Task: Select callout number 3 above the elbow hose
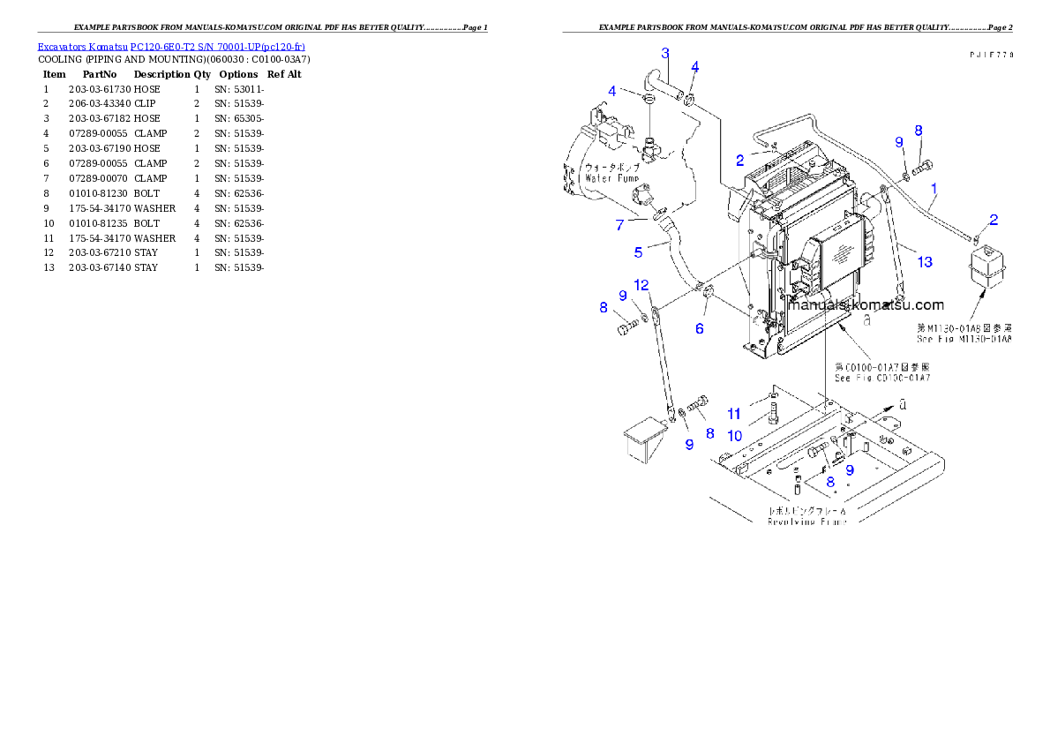point(665,53)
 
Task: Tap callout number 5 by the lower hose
point(639,252)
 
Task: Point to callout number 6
point(700,328)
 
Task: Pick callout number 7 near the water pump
point(619,225)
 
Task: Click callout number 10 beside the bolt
point(735,435)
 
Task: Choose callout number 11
point(734,414)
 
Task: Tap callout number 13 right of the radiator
point(924,261)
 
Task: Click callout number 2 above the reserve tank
point(994,219)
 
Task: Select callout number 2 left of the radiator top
point(741,160)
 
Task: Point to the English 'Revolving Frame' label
point(807,522)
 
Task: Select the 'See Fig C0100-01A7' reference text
point(882,378)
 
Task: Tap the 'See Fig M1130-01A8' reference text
point(964,338)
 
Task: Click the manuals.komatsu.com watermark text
point(866,305)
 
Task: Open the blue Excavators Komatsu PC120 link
point(171,46)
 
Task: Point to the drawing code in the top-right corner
point(990,54)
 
